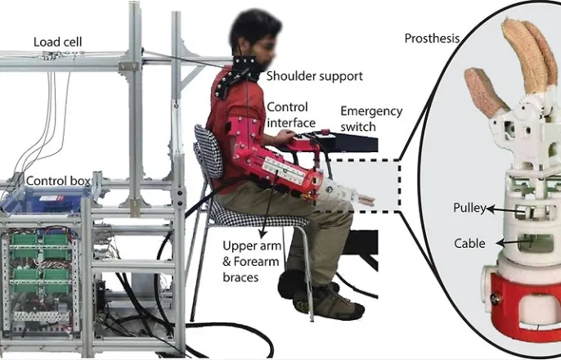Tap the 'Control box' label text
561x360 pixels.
[58, 180]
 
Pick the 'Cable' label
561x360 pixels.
[469, 243]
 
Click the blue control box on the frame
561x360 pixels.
[49, 203]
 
